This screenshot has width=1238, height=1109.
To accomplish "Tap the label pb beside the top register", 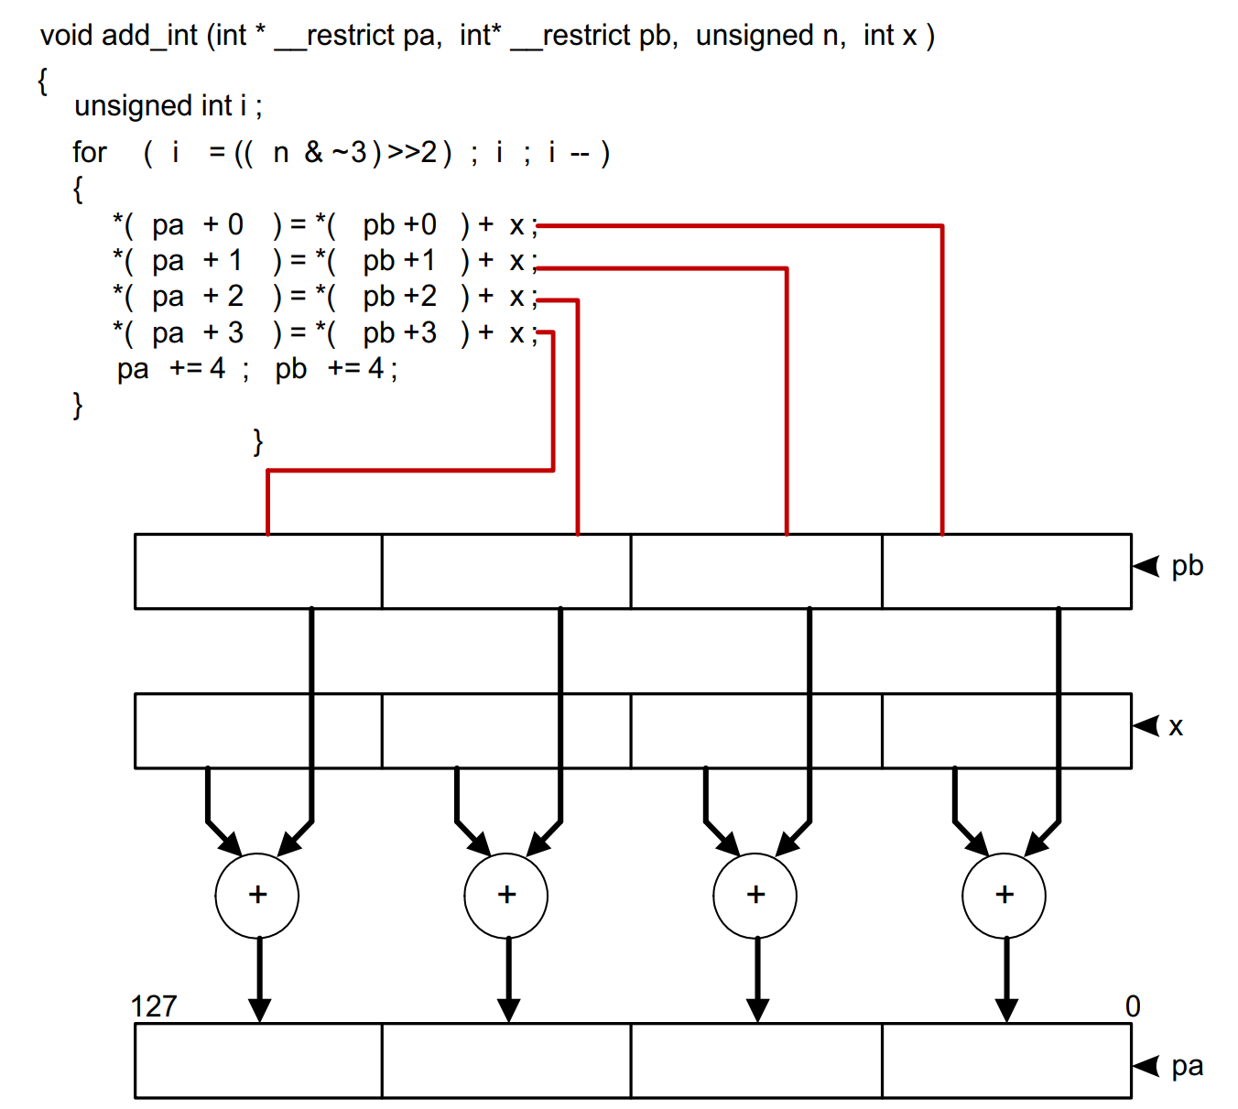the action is pos(1187,566).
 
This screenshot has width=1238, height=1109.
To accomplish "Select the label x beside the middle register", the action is pos(1176,727).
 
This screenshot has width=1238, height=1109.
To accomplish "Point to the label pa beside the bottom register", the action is pos(1187,1066).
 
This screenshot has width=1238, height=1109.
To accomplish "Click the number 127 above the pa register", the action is pos(154,1006).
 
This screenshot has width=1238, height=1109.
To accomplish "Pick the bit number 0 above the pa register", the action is pos(1133,1006).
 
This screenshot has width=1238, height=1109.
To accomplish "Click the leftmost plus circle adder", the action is pos(257,896).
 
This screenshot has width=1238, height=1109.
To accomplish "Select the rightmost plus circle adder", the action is pos(1005,896).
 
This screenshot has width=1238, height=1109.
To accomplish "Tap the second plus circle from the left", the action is pos(506,896).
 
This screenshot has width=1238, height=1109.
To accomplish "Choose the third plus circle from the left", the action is pos(755,896).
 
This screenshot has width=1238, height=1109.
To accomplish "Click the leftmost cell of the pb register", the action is pos(258,571).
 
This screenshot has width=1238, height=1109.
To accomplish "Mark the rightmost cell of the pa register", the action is pos(1006,1060).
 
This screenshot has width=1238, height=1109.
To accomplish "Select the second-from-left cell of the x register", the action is pos(506,731).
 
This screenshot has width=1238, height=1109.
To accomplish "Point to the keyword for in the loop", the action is pos(90,152).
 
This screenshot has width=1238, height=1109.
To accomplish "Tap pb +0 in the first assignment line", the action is pos(399,225).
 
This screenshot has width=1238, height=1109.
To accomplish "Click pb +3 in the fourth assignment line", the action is pos(399,333).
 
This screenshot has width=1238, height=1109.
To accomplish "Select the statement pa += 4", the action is pos(172,369).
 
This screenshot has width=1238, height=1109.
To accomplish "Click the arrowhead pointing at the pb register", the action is pos(1146,566).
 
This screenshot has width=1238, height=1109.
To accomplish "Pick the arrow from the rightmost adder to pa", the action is pos(1006,980).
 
